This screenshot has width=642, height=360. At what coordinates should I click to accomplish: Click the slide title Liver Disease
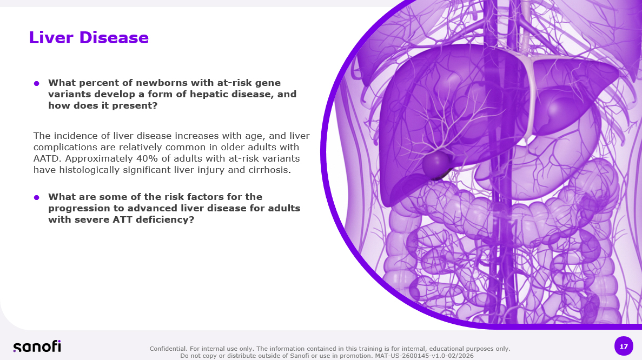tap(89, 38)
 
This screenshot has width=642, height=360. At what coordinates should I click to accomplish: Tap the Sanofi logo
tap(37, 346)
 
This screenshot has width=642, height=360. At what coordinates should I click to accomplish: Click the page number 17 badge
tap(624, 346)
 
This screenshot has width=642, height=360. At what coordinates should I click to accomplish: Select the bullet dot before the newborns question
tap(36, 83)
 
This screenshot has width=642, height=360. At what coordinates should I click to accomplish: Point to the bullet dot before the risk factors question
tap(36, 198)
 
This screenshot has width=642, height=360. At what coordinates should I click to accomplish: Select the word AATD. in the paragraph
tap(48, 158)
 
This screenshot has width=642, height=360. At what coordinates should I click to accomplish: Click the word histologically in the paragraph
tap(84, 170)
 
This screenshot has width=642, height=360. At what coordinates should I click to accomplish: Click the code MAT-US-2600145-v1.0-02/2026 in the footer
tap(424, 356)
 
